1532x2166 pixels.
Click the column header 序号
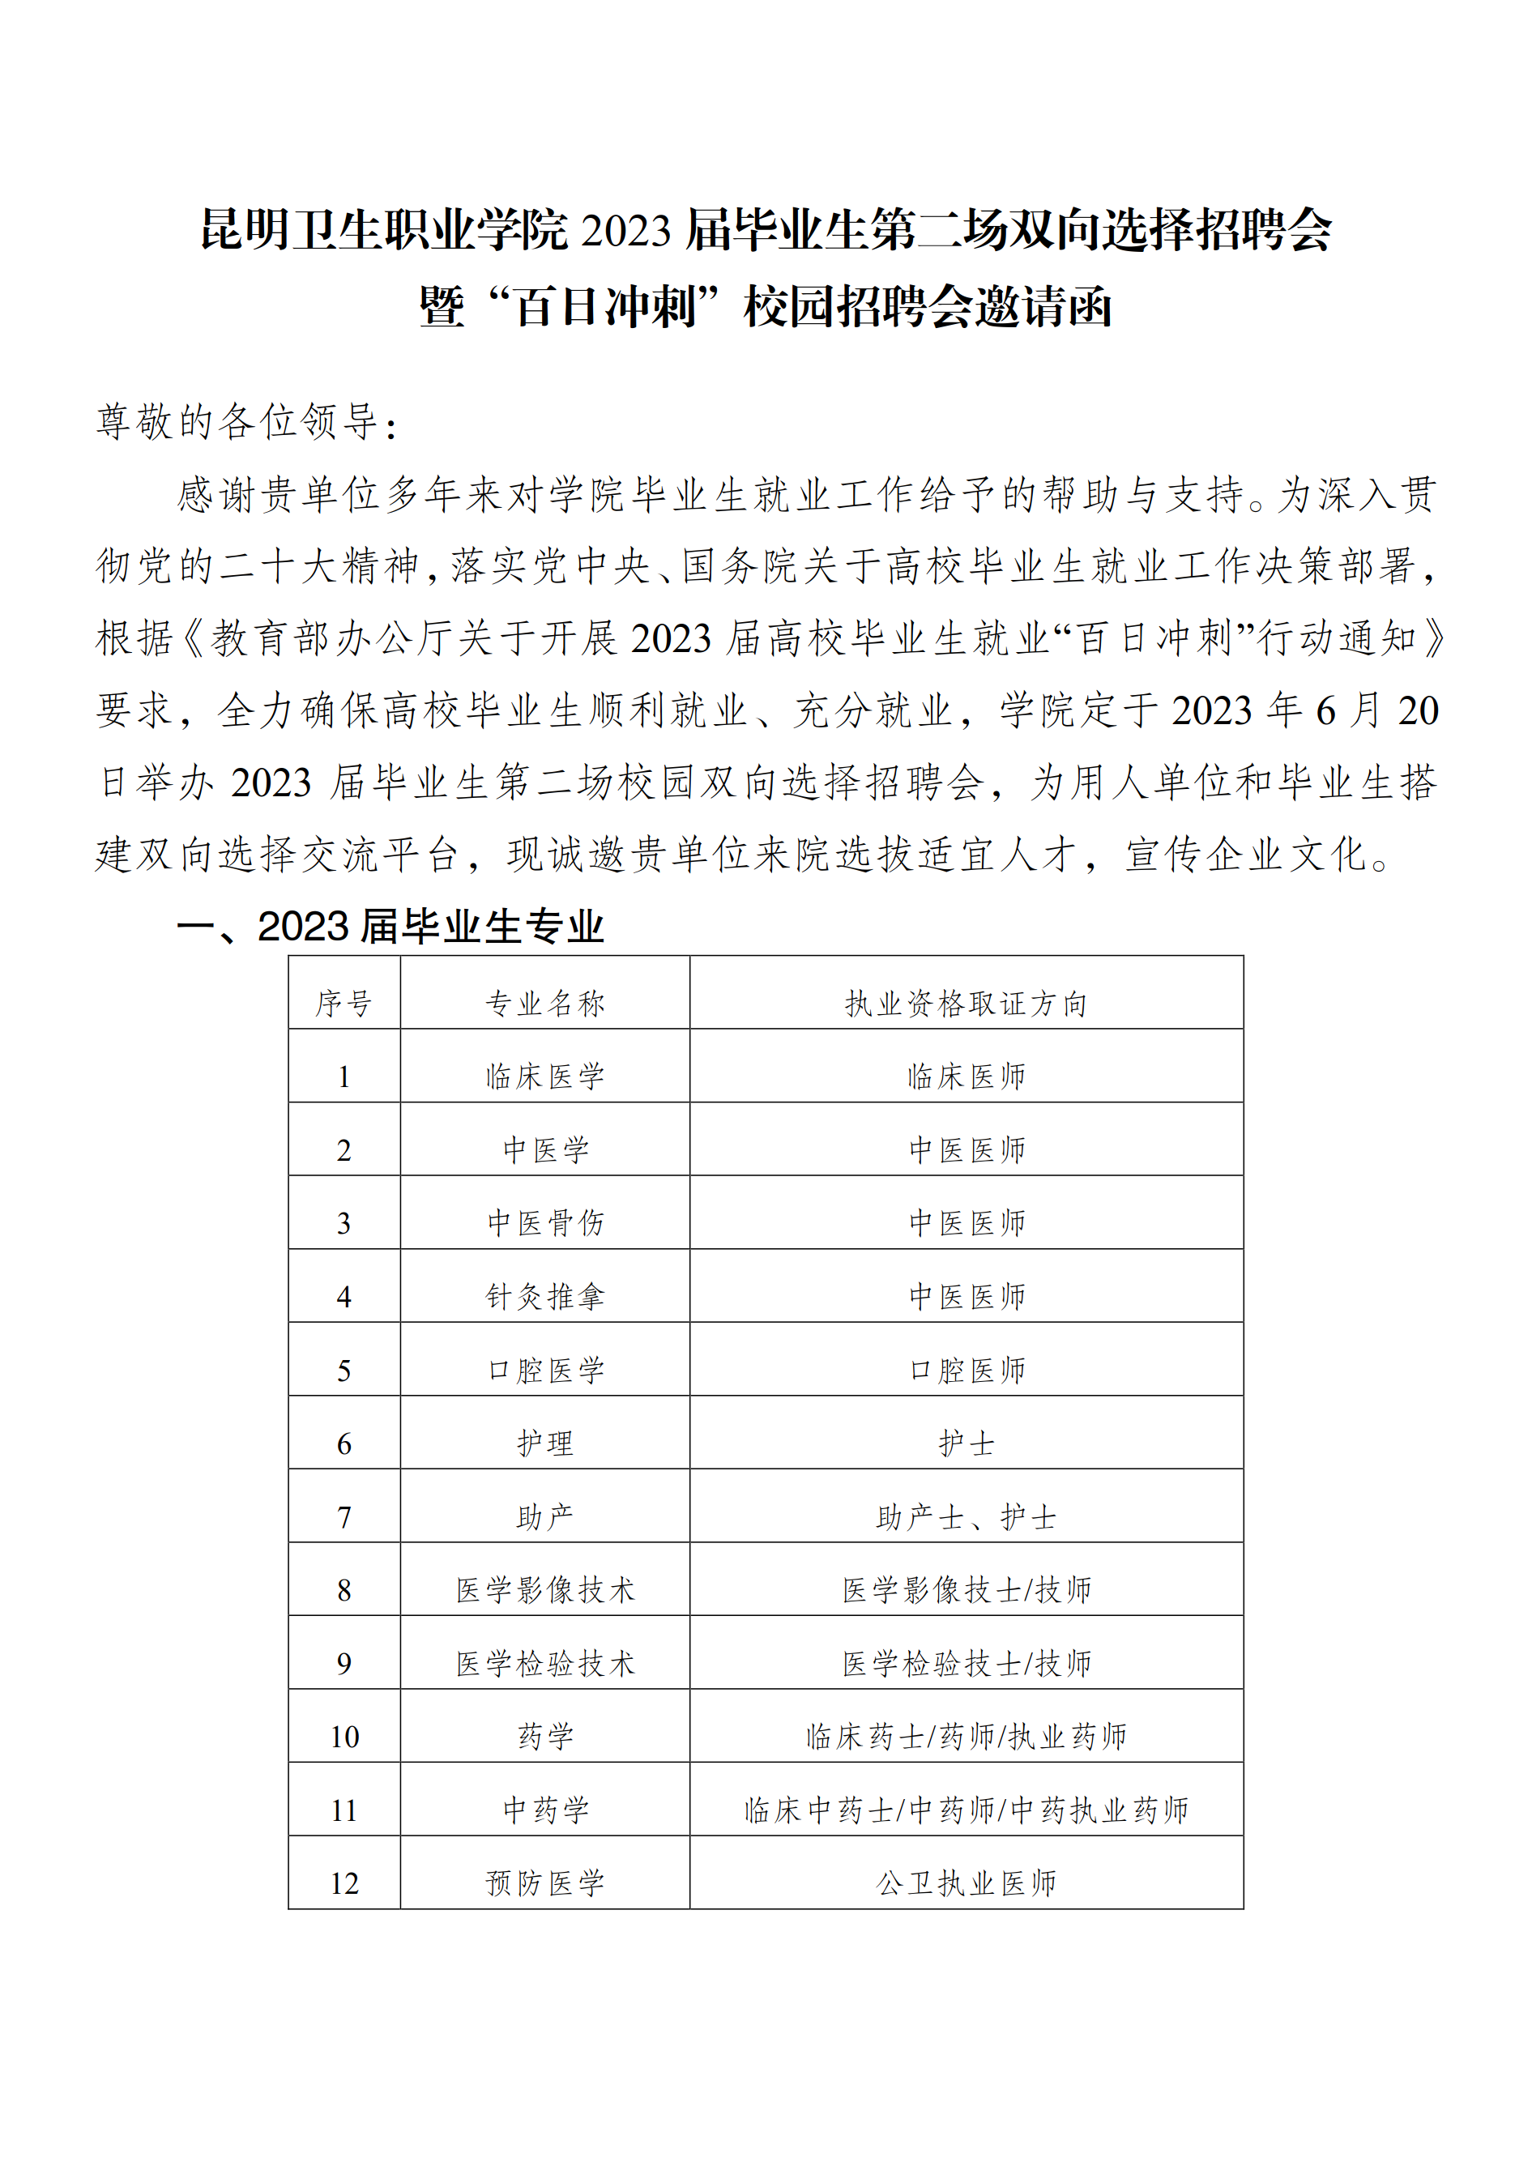[x=344, y=1003]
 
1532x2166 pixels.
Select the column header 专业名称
[x=544, y=1003]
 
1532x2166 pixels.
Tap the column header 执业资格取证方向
[x=966, y=1003]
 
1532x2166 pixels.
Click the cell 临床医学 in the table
[x=544, y=1077]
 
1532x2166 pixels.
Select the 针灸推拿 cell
[x=544, y=1297]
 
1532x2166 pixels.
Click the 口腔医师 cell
[x=966, y=1371]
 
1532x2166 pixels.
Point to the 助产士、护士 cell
[x=966, y=1517]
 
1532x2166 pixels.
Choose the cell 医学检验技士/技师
[x=966, y=1663]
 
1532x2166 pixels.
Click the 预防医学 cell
[x=544, y=1883]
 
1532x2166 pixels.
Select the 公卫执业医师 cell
[x=966, y=1883]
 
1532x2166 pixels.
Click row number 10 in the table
[x=344, y=1737]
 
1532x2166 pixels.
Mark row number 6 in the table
[x=344, y=1443]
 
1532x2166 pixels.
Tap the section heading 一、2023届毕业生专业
[x=390, y=927]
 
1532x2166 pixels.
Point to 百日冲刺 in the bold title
[x=604, y=307]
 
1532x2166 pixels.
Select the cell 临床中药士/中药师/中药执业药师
[x=966, y=1810]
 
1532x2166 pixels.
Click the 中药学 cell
[x=544, y=1810]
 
